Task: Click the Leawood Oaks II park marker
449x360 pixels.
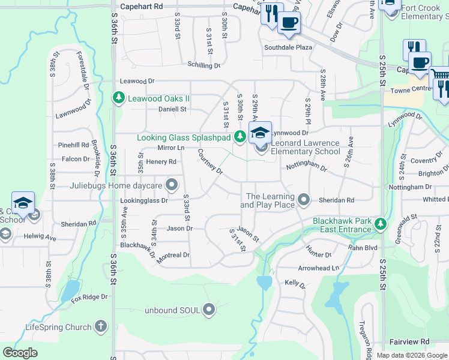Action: (119, 98)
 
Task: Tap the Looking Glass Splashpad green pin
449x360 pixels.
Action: (240, 137)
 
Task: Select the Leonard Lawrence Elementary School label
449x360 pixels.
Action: (305, 148)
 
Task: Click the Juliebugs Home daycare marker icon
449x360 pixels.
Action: (172, 185)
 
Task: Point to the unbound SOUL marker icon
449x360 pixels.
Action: (209, 310)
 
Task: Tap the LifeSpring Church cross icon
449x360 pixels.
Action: (101, 327)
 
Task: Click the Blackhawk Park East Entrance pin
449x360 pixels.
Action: (379, 225)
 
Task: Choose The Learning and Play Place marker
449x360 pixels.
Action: (304, 199)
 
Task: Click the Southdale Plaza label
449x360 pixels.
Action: (288, 47)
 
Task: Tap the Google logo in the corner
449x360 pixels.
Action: (20, 352)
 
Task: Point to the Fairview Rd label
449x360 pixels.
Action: (409, 341)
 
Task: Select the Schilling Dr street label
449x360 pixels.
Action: (203, 65)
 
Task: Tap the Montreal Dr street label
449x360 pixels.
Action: (173, 255)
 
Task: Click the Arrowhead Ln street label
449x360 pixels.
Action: (319, 268)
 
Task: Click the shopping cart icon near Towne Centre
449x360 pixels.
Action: (440, 75)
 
